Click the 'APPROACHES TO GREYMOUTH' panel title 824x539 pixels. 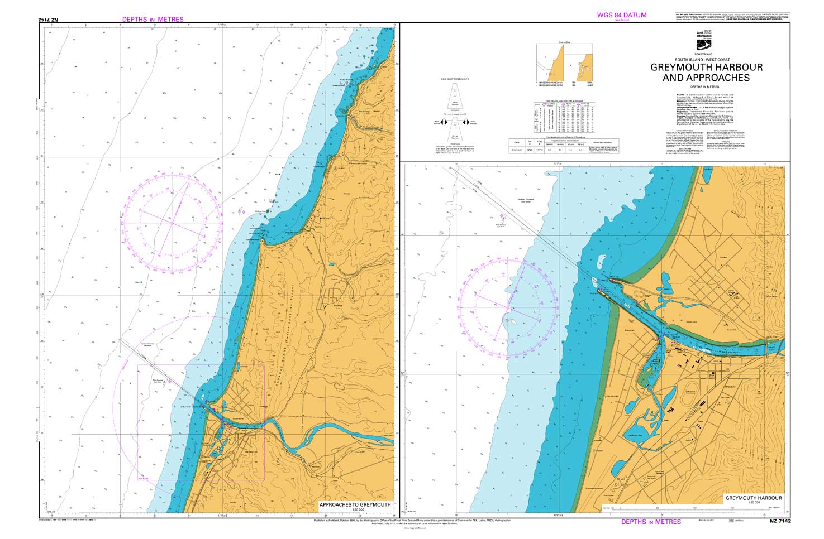click(x=355, y=504)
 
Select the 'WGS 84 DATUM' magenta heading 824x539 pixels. click(x=622, y=15)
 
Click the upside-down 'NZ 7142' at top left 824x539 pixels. click(x=49, y=20)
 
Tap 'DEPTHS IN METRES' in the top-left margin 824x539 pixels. click(x=153, y=20)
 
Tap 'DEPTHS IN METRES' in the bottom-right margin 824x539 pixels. click(x=651, y=522)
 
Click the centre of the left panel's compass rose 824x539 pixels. click(x=173, y=223)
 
